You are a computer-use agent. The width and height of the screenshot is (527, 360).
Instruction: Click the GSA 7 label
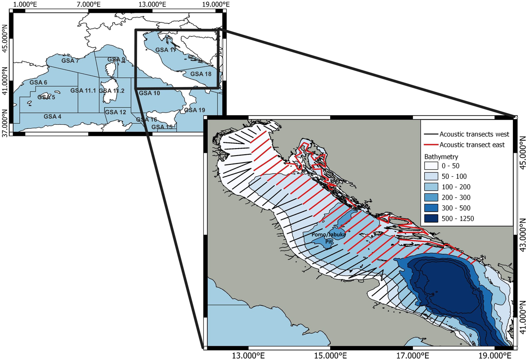70,60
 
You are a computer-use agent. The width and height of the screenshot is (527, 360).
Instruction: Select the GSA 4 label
53,116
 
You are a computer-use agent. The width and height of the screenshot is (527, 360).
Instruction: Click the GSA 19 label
195,110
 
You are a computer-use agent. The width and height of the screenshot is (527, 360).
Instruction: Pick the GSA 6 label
38,82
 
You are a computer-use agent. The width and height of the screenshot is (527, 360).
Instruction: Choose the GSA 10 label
150,93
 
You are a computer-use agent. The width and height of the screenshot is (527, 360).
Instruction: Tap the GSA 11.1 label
83,91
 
